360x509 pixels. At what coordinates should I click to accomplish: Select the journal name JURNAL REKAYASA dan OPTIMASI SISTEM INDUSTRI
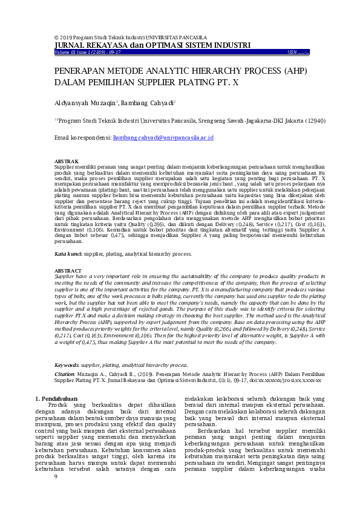[152, 45]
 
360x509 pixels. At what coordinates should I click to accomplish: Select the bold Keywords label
[67, 365]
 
